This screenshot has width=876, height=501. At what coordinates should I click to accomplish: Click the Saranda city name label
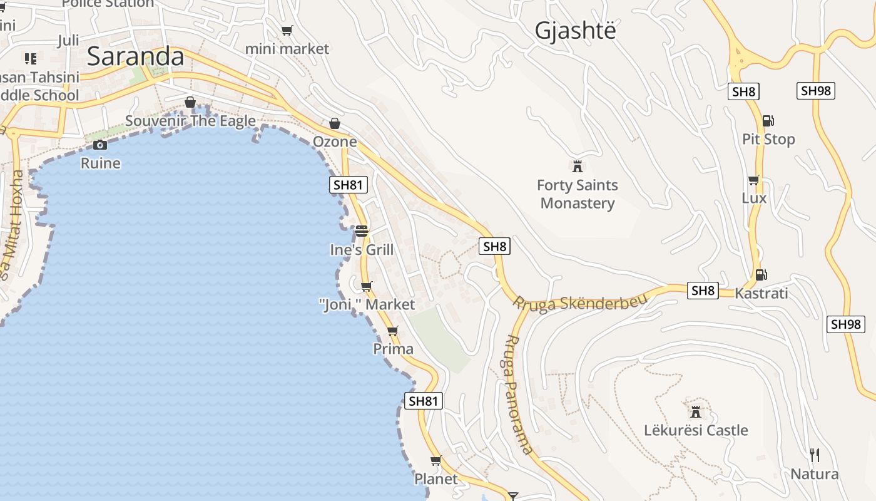click(135, 56)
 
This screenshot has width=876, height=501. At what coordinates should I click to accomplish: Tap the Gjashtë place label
click(575, 31)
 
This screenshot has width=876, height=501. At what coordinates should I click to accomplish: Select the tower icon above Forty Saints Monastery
click(578, 166)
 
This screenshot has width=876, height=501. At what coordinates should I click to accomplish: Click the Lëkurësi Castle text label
click(696, 430)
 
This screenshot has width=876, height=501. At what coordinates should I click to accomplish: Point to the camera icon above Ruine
click(100, 145)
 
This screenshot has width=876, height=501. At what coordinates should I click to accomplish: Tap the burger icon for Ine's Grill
click(361, 231)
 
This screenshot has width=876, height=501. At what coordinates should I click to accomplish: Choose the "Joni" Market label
click(367, 304)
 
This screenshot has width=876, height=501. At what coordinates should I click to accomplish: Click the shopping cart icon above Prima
click(392, 331)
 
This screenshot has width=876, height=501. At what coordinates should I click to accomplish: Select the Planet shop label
click(436, 479)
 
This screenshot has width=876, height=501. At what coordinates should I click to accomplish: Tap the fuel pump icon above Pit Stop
click(768, 121)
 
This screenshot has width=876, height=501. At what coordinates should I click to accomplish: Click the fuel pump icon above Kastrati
click(761, 274)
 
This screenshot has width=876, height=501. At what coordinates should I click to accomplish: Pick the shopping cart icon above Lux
click(754, 180)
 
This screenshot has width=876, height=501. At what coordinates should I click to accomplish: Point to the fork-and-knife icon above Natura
click(814, 455)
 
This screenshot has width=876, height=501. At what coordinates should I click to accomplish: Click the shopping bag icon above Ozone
click(335, 123)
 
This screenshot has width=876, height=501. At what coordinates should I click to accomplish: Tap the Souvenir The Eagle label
click(190, 121)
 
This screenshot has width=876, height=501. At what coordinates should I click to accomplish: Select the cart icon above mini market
click(287, 30)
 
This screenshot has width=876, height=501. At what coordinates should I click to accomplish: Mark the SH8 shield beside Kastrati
click(703, 291)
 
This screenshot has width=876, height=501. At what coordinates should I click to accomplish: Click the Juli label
click(68, 41)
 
